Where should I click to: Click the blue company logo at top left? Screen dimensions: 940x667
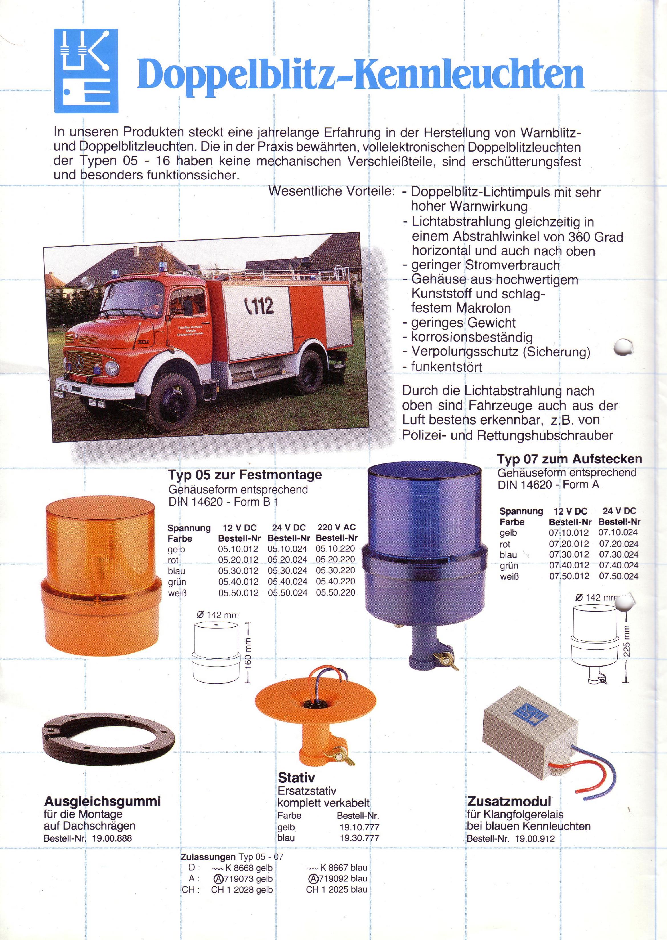(86, 71)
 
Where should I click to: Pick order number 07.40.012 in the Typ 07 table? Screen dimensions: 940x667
(569, 565)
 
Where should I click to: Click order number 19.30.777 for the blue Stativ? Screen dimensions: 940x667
(359, 838)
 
